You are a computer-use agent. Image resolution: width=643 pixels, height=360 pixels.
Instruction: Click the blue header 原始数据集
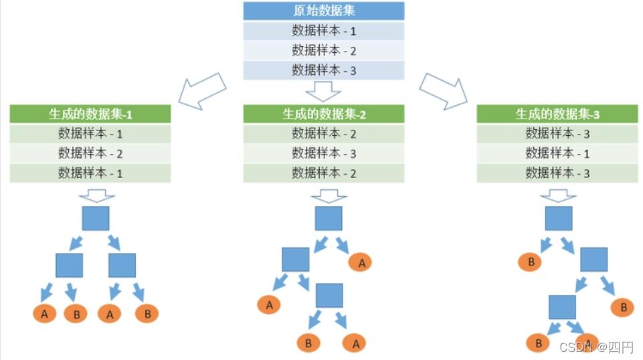[x=324, y=11]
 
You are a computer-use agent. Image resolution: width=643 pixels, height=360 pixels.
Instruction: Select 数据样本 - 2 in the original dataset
[x=324, y=50]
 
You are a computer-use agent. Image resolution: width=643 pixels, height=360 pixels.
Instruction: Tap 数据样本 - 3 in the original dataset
[x=324, y=70]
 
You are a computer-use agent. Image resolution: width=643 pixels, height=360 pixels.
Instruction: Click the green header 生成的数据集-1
[x=90, y=114]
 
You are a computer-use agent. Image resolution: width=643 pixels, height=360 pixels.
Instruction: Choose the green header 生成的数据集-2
[x=324, y=114]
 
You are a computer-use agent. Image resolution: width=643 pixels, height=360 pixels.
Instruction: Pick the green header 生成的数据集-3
[x=557, y=114]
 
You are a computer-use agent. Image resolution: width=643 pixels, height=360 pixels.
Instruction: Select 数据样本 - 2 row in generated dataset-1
[x=90, y=153]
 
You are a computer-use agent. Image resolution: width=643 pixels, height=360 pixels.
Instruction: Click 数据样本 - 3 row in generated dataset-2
[x=324, y=153]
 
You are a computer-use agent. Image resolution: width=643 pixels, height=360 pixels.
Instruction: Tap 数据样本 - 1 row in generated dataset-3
[x=557, y=153]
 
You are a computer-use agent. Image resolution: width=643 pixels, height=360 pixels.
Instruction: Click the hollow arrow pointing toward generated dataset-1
[x=203, y=90]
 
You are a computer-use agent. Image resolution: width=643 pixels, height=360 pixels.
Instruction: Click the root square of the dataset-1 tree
[x=96, y=218]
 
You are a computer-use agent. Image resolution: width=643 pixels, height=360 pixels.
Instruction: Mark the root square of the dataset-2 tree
[x=329, y=218]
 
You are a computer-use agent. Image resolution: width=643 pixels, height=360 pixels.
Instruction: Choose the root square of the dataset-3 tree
[x=559, y=218]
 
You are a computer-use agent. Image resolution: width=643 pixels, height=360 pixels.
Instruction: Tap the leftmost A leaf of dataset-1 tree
[x=44, y=313]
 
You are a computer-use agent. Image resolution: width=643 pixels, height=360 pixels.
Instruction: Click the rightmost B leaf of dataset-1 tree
[x=147, y=313]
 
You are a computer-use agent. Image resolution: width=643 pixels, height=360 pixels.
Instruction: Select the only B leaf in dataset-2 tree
[x=308, y=343]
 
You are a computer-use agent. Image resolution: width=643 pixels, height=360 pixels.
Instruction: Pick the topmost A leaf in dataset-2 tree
[x=362, y=263]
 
